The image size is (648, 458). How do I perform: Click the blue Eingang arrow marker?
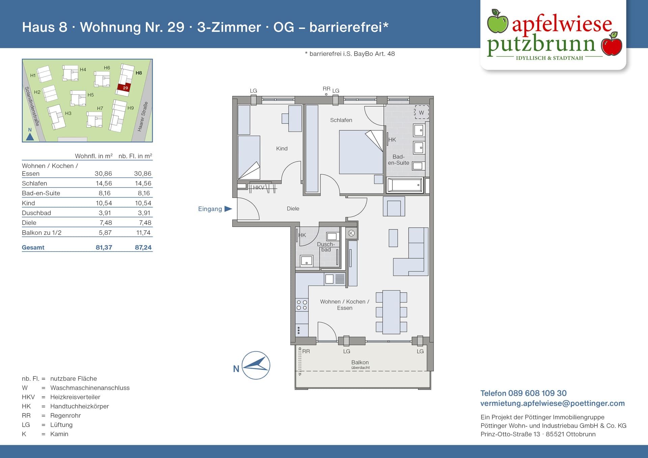coord(228,209)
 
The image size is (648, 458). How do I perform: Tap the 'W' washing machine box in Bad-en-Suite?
coord(421,112)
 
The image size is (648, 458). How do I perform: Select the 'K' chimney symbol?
coord(351,233)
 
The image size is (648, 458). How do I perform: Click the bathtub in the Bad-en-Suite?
coord(405,185)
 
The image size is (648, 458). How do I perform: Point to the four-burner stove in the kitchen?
coord(302,305)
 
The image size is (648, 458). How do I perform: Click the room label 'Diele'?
coord(293,208)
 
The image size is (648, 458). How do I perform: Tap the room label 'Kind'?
coord(282,148)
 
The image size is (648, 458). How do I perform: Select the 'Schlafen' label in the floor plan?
coord(341,120)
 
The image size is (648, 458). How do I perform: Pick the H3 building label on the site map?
coord(68,113)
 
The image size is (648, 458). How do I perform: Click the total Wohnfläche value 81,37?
coord(104,247)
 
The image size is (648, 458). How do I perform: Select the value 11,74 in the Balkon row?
coord(143,232)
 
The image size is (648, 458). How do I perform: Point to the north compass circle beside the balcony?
coord(256,365)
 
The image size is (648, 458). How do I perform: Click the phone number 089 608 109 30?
coord(537,393)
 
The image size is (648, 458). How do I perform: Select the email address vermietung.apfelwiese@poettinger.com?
coord(552,403)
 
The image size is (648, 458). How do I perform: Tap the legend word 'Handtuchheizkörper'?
coord(80,406)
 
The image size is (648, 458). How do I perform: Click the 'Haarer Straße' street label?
coord(143,116)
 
